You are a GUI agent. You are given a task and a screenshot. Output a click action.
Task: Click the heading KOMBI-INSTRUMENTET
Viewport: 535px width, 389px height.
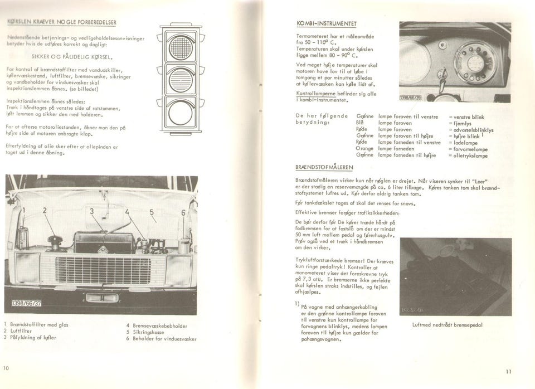tap(327, 24)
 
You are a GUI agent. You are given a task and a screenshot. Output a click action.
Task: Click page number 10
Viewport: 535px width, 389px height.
tap(6, 368)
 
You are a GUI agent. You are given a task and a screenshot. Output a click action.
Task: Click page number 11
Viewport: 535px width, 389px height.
tap(508, 372)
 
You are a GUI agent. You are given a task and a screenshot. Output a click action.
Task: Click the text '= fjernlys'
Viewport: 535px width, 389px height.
tap(463, 124)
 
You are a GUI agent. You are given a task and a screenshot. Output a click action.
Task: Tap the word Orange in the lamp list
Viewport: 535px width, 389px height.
tap(365, 149)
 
